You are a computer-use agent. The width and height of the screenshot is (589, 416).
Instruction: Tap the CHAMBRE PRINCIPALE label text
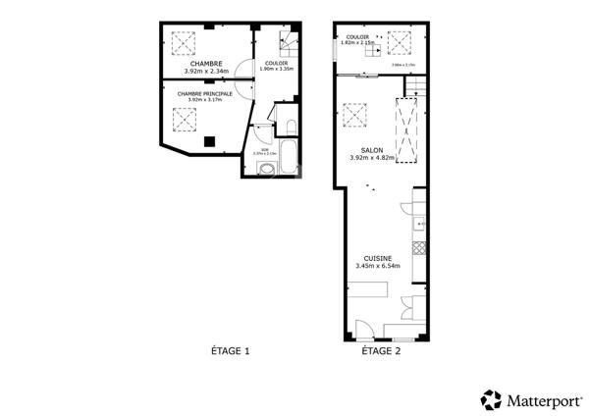click(x=205, y=93)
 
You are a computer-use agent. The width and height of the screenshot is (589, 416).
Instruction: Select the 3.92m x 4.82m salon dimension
click(x=371, y=157)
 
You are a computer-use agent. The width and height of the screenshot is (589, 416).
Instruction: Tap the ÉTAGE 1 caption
click(x=232, y=350)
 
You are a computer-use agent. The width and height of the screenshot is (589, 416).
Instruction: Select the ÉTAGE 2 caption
click(x=381, y=350)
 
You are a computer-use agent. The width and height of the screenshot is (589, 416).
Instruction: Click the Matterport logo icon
click(x=491, y=399)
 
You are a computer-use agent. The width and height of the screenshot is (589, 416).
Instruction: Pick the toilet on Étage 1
click(x=291, y=128)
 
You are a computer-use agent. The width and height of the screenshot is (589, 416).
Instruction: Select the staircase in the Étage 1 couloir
click(x=287, y=45)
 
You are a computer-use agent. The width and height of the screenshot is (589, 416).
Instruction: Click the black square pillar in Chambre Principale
click(x=210, y=141)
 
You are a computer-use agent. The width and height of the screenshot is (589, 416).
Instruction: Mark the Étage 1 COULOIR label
click(x=276, y=63)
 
